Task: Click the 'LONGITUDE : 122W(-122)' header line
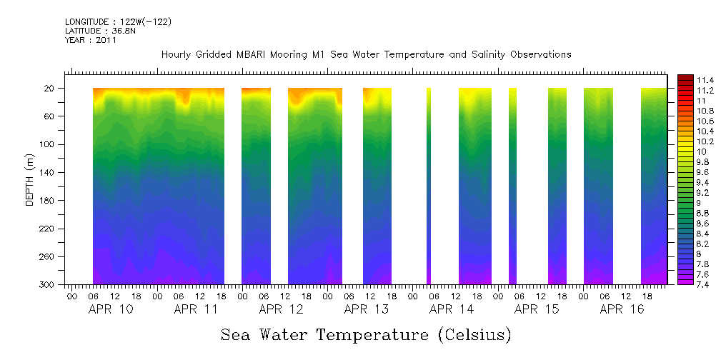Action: click(x=118, y=22)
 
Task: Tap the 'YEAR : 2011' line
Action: click(x=91, y=40)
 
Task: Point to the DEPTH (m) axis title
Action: click(x=30, y=179)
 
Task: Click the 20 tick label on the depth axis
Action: click(x=50, y=89)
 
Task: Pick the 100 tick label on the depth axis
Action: click(x=48, y=144)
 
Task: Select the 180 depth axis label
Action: click(x=48, y=201)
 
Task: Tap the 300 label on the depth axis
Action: click(x=48, y=285)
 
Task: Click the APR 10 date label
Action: click(x=110, y=310)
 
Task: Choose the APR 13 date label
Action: click(x=366, y=310)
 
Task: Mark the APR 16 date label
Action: click(x=622, y=310)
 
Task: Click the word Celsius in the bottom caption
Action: click(x=475, y=334)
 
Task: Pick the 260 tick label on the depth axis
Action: click(x=48, y=257)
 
